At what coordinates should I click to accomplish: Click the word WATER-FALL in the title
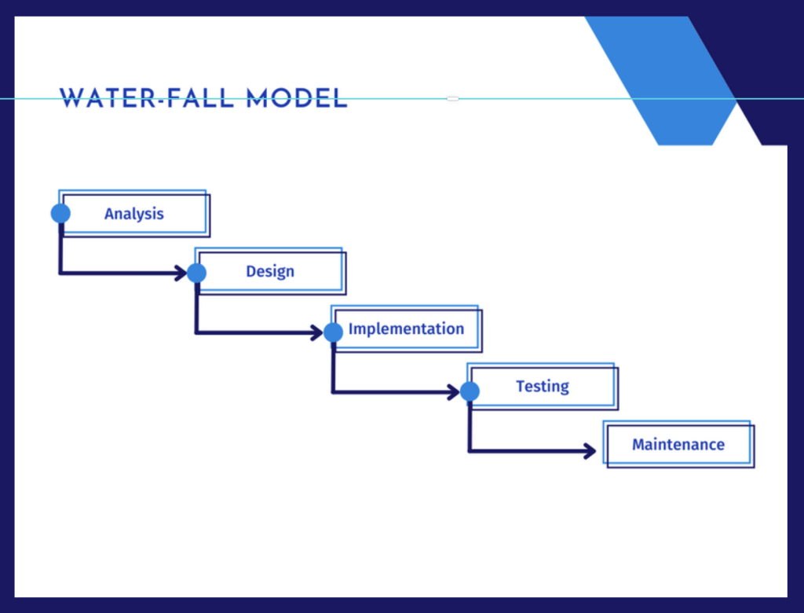pyautogui.click(x=147, y=98)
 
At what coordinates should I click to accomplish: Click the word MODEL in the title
pyautogui.click(x=297, y=98)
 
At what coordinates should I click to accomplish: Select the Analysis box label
pyautogui.click(x=133, y=214)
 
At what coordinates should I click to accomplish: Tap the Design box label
pyautogui.click(x=270, y=271)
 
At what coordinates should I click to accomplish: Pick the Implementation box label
pyautogui.click(x=406, y=329)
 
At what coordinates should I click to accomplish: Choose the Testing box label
pyautogui.click(x=543, y=386)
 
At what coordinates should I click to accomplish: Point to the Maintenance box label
pyautogui.click(x=678, y=444)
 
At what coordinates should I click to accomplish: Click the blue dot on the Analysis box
pyautogui.click(x=60, y=213)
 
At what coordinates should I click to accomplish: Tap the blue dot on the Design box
pyautogui.click(x=196, y=273)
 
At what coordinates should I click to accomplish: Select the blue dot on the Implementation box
pyautogui.click(x=333, y=332)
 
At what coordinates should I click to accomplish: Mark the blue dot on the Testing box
pyautogui.click(x=470, y=391)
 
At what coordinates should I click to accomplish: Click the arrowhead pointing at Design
pyautogui.click(x=181, y=273)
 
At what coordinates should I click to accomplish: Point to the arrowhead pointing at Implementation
pyautogui.click(x=317, y=332)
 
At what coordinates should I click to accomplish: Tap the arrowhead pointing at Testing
pyautogui.click(x=454, y=392)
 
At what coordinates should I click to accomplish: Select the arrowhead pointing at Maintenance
pyautogui.click(x=590, y=451)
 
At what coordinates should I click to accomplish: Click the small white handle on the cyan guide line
pyautogui.click(x=453, y=98)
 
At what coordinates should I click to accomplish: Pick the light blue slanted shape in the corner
pyautogui.click(x=661, y=81)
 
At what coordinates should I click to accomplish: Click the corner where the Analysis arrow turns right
pyautogui.click(x=60, y=273)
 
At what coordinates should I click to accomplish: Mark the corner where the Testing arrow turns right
pyautogui.click(x=470, y=451)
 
